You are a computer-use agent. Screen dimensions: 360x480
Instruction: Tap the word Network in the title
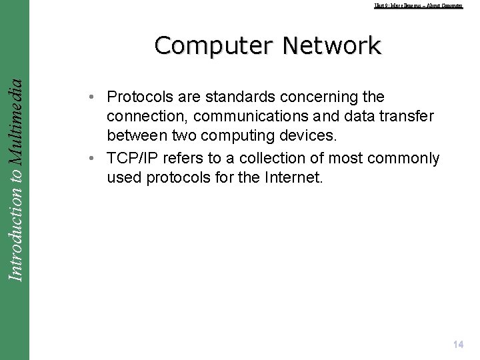[x=331, y=46]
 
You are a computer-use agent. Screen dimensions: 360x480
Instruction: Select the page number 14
[x=457, y=345]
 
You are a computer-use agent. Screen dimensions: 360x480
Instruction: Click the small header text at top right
[x=418, y=5]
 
